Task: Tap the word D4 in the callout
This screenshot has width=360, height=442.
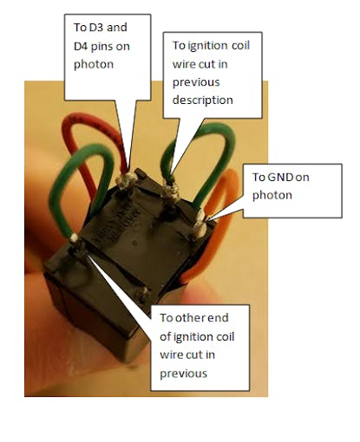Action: (81, 46)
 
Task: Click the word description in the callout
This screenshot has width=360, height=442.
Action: (202, 101)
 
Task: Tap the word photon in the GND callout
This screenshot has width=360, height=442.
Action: (272, 196)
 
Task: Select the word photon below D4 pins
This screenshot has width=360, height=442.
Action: (94, 65)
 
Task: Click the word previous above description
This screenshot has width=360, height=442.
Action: (196, 82)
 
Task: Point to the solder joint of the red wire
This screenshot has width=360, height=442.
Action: (127, 180)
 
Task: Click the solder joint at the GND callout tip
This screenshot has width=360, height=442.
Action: (200, 226)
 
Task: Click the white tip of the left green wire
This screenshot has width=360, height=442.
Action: (74, 237)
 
